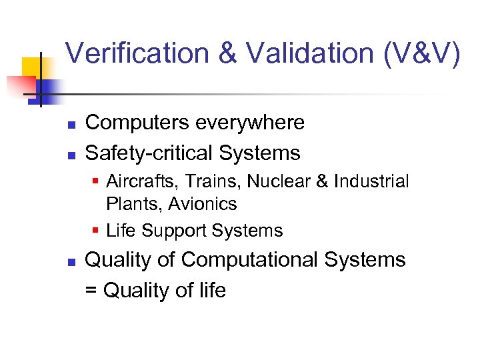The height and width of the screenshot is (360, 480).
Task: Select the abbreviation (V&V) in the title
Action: coord(419,53)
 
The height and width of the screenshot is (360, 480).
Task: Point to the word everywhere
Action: coord(250,123)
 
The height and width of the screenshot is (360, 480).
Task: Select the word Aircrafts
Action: coord(136,181)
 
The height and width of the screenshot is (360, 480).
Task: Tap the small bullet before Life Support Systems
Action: coord(97,231)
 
